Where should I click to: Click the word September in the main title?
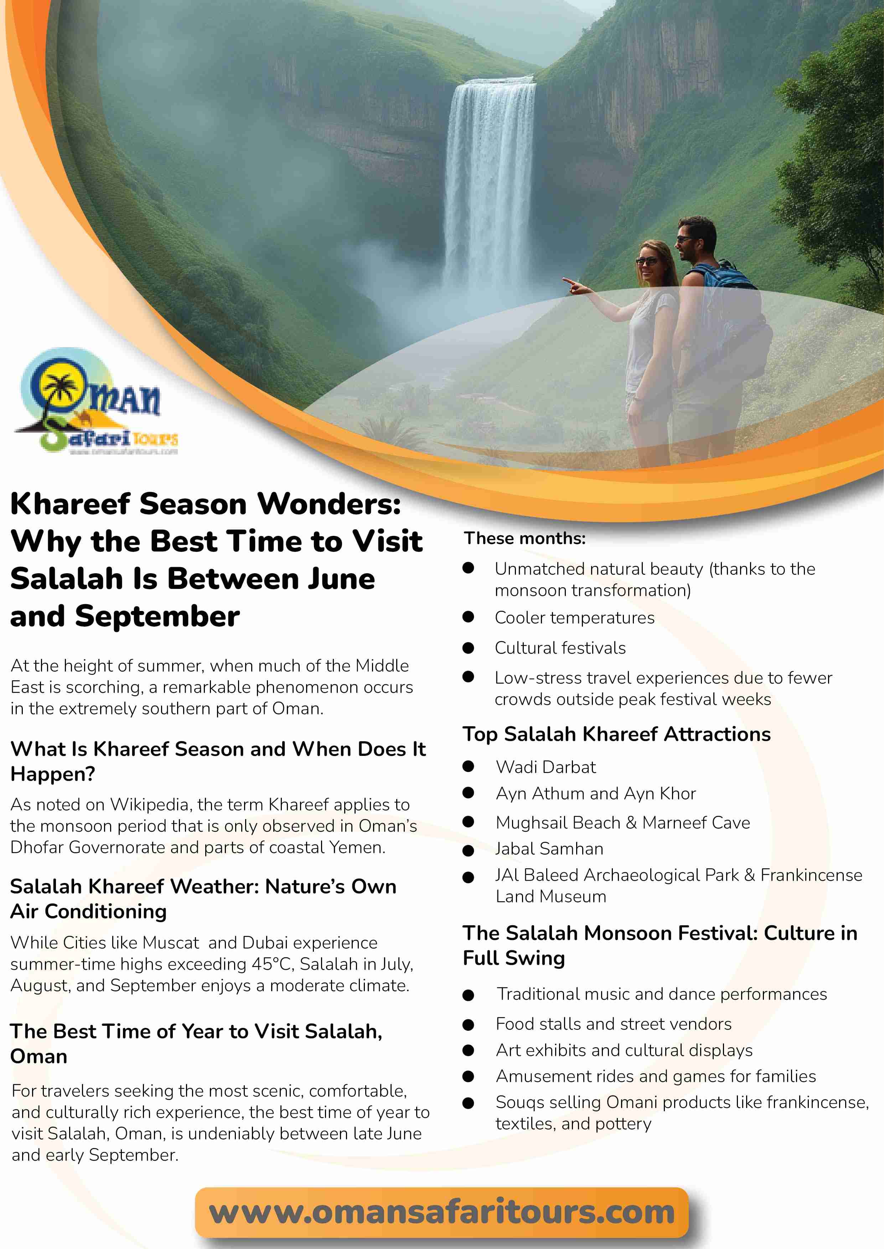[157, 616]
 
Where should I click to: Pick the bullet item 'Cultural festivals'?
[560, 648]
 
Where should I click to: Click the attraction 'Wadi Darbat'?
[546, 767]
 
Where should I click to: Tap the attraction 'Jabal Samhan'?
[549, 848]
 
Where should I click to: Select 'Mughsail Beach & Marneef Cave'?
[623, 822]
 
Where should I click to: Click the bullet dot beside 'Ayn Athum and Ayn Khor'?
[468, 793]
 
